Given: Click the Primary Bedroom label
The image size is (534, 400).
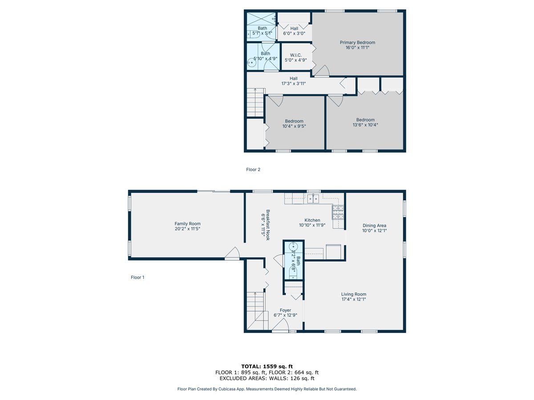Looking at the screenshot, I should pos(357,43).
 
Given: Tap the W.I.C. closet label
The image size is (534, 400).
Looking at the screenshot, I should pos(296,55).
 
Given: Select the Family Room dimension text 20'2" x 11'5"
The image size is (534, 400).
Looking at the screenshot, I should pos(187,229).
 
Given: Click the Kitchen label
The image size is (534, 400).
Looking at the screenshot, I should pos(312,220).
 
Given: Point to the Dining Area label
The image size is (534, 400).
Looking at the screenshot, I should pos(374,225).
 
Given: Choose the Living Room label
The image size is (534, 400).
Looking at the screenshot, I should pos(353,294).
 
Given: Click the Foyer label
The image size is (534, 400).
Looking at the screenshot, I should pos(285,310).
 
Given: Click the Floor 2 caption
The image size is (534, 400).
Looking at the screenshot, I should pos(253,169).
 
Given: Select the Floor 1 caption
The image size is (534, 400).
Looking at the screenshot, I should pos(137,277).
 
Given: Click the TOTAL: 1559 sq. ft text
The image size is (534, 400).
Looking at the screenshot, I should pos(267,366).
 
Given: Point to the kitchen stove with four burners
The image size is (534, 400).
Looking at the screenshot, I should pos(338,212).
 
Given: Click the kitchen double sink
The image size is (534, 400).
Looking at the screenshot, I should pos(313,198).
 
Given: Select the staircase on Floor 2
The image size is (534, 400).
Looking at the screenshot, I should pos(255,102).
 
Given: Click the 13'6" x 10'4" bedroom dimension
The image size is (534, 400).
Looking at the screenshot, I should pos(365,125).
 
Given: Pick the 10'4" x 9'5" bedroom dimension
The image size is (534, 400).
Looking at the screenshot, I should pos(294,126).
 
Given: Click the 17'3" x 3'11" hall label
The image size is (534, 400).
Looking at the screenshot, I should pos(293,83).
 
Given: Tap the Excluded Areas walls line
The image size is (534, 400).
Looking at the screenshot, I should pos(267,379).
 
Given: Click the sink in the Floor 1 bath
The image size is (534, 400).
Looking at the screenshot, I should pos(293,248).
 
